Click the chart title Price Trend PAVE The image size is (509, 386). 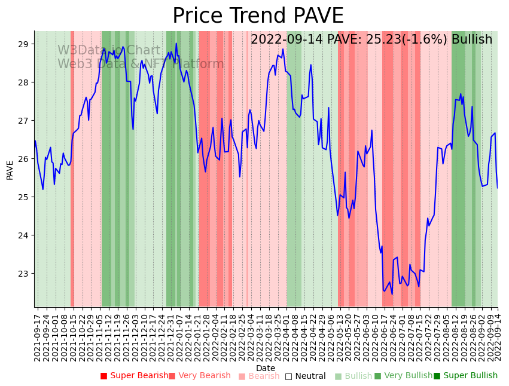pyautogui.click(x=258, y=16)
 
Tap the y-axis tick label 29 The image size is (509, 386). pyautogui.click(x=24, y=44)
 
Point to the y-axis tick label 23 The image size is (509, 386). pyautogui.click(x=24, y=274)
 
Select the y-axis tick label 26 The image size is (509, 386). pyautogui.click(x=24, y=159)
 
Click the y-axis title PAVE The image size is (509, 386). pyautogui.click(x=10, y=170)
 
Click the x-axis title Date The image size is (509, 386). pyautogui.click(x=266, y=368)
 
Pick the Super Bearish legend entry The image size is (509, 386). pyautogui.click(x=135, y=376)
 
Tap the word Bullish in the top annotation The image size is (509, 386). pyautogui.click(x=472, y=39)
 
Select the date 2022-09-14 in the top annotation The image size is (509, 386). pyautogui.click(x=284, y=39)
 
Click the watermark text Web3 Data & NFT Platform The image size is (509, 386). pyautogui.click(x=141, y=64)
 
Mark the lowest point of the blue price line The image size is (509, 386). pyautogui.click(x=392, y=294)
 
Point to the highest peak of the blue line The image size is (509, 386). pyautogui.click(x=176, y=44)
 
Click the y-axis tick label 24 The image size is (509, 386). pyautogui.click(x=24, y=235)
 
